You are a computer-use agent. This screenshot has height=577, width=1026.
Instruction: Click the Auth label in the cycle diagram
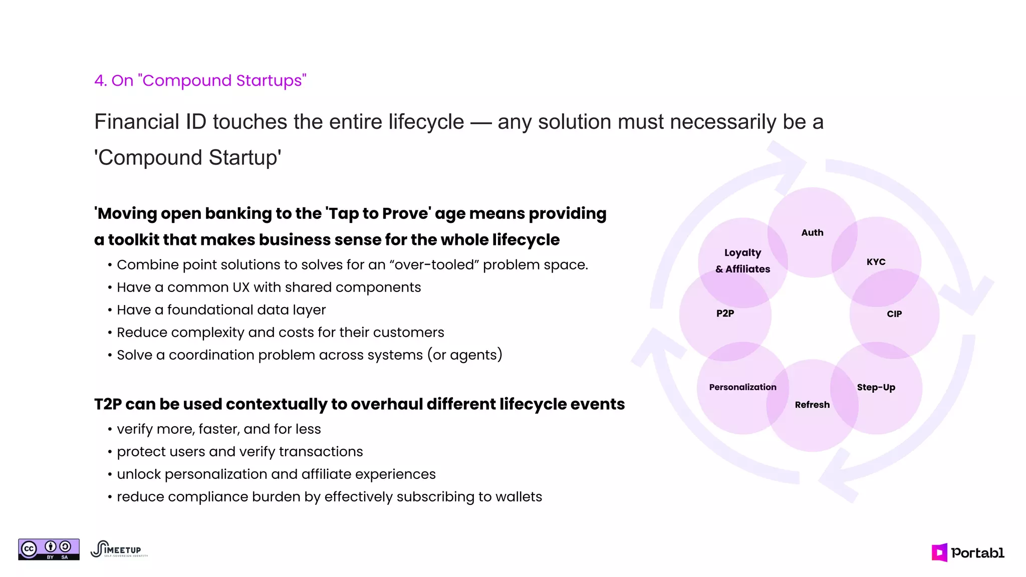(812, 232)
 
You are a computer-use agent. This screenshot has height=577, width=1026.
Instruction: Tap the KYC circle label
(876, 262)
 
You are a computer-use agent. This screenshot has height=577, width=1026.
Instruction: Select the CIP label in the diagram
(894, 314)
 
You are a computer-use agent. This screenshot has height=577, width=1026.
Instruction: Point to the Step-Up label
(876, 387)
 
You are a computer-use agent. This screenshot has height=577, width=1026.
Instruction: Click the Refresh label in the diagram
(812, 405)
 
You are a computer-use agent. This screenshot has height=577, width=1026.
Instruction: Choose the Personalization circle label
(742, 387)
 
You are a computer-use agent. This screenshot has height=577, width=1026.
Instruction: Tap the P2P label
(725, 314)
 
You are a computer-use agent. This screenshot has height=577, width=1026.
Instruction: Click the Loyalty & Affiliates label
(742, 261)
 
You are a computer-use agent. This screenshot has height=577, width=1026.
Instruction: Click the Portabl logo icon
(939, 552)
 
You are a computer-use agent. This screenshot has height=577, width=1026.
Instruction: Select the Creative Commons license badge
(49, 549)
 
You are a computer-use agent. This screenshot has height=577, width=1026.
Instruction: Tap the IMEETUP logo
(119, 549)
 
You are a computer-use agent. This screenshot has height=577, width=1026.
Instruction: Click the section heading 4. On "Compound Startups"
(200, 81)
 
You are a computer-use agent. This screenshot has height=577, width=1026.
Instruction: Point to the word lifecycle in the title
(426, 122)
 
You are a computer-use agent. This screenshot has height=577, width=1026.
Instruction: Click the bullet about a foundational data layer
(221, 310)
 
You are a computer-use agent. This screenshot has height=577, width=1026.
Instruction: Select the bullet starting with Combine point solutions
(352, 265)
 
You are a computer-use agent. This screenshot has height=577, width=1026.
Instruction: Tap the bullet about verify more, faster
(218, 429)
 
